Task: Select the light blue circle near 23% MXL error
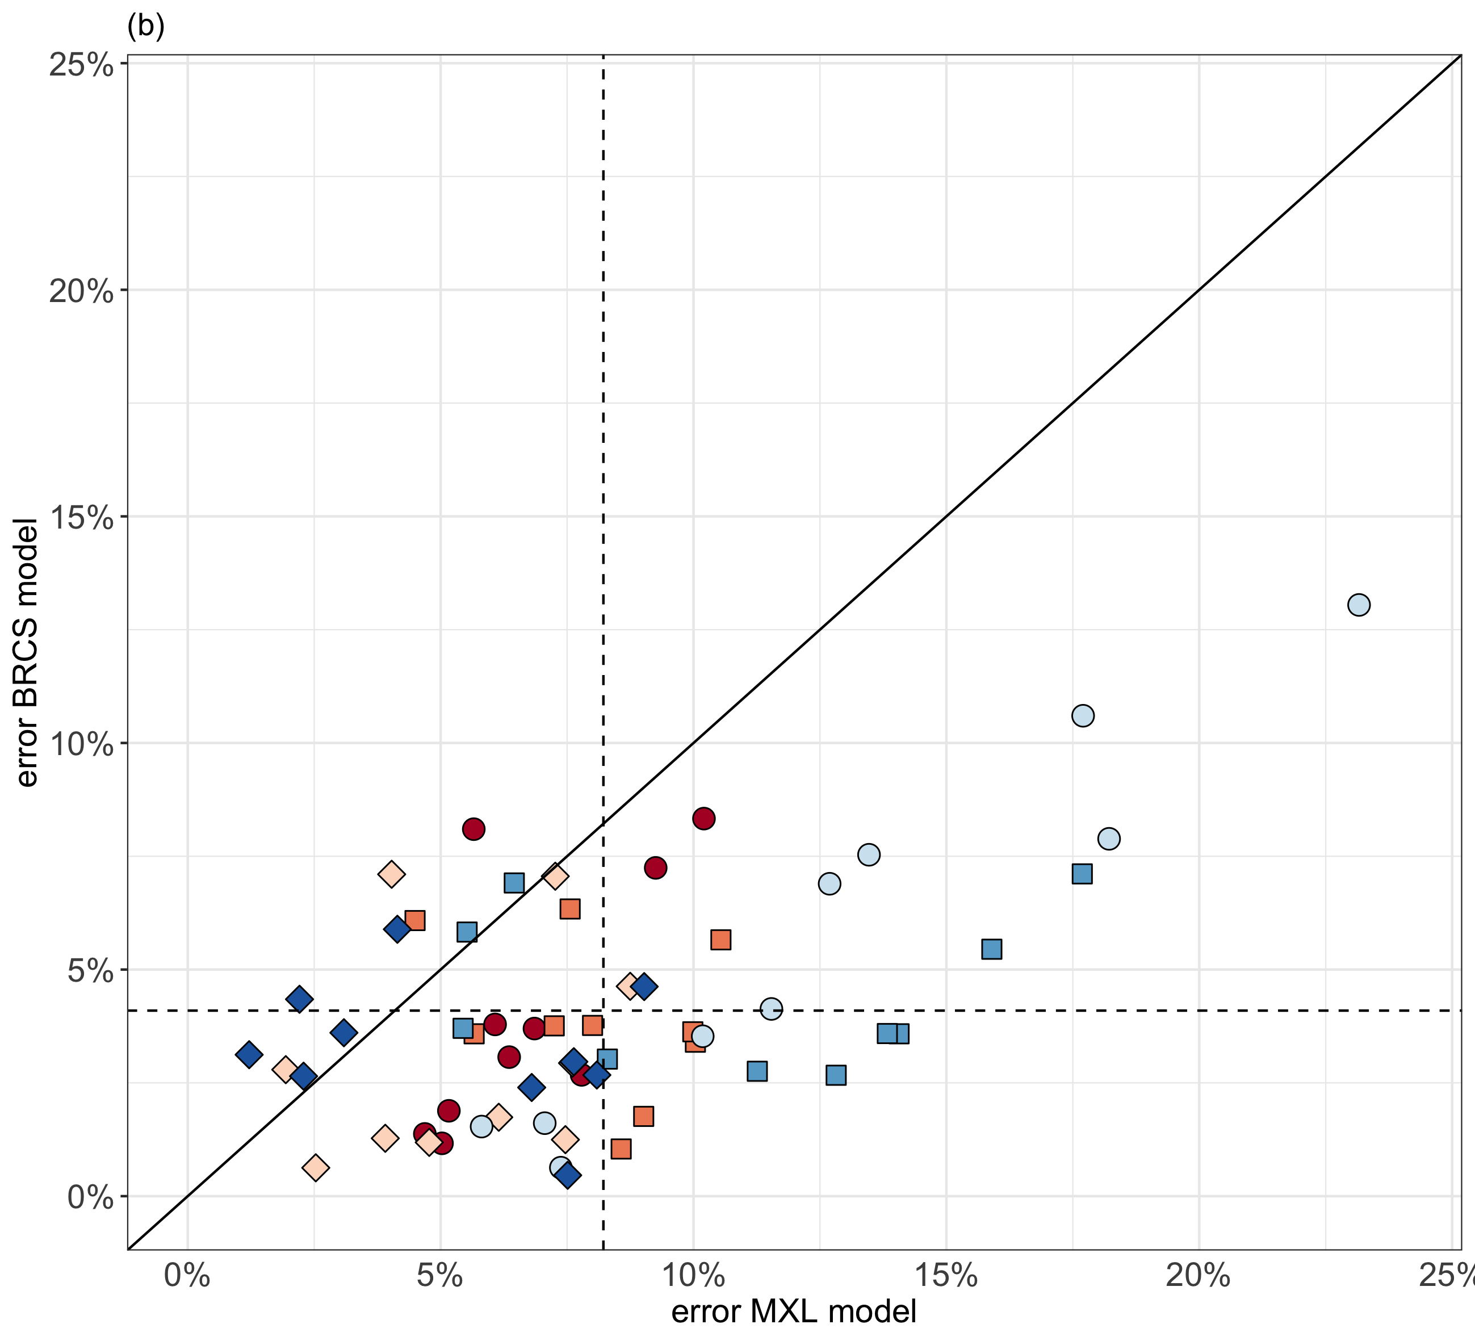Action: point(1359,605)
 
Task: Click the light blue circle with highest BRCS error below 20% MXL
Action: point(1083,715)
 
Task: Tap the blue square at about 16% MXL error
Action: point(991,949)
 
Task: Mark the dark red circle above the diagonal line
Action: point(473,829)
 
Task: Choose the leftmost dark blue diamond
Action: point(249,1055)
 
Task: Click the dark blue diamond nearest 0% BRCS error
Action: point(568,1176)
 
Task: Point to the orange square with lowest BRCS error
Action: point(621,1149)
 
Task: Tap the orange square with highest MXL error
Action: point(720,940)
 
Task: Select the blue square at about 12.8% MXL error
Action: point(836,1075)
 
